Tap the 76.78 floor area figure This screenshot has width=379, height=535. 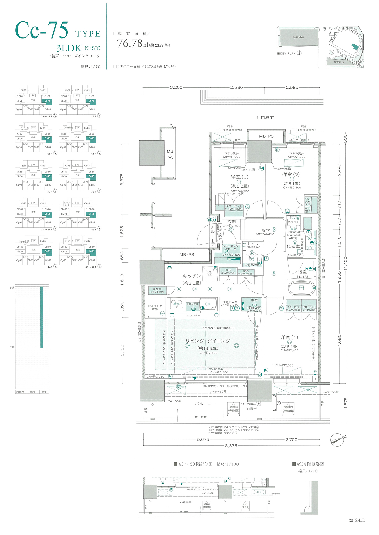(x=130, y=44)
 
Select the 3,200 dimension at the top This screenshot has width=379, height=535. (x=176, y=87)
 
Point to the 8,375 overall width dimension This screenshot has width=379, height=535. (x=231, y=446)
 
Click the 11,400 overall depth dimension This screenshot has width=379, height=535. (x=345, y=264)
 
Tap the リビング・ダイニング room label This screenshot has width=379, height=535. (x=208, y=341)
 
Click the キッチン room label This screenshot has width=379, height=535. (x=192, y=276)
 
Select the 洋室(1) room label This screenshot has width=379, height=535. (x=289, y=337)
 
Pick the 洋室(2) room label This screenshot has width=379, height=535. (x=291, y=174)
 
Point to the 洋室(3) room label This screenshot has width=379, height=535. (x=239, y=177)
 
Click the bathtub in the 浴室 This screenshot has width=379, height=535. (x=301, y=288)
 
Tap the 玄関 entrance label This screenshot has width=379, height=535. (x=231, y=222)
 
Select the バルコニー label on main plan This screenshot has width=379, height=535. (x=205, y=404)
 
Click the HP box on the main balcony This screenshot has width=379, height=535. (x=307, y=390)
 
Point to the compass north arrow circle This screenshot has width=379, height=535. (x=337, y=440)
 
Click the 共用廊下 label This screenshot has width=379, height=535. (x=265, y=118)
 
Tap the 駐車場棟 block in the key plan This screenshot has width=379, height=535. (x=298, y=37)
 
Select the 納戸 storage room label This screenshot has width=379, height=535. (x=254, y=300)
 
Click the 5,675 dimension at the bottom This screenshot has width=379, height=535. (x=203, y=439)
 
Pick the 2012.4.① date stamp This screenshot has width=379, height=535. (x=357, y=520)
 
